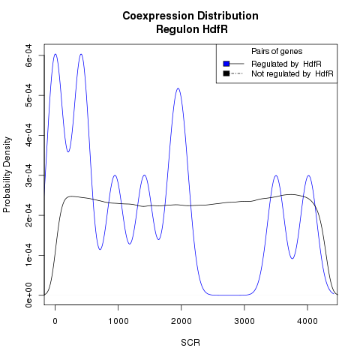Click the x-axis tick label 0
pyautogui.click(x=55, y=321)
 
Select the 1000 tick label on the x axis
pyautogui.click(x=118, y=321)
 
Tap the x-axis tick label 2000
pyautogui.click(x=181, y=321)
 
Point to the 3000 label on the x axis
pyautogui.click(x=244, y=321)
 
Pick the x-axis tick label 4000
pyautogui.click(x=307, y=321)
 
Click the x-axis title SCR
pyautogui.click(x=190, y=343)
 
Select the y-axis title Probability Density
pyautogui.click(x=7, y=175)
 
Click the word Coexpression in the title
pyautogui.click(x=157, y=16)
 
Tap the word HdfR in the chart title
pyautogui.click(x=215, y=29)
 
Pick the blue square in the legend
pyautogui.click(x=226, y=64)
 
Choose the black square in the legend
pyautogui.click(x=226, y=73)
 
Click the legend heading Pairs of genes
pyautogui.click(x=277, y=51)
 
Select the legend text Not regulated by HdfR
pyautogui.click(x=292, y=73)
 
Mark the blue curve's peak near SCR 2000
pyautogui.click(x=178, y=88)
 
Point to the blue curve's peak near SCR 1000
pyautogui.click(x=115, y=175)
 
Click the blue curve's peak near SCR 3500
pyautogui.click(x=276, y=175)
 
